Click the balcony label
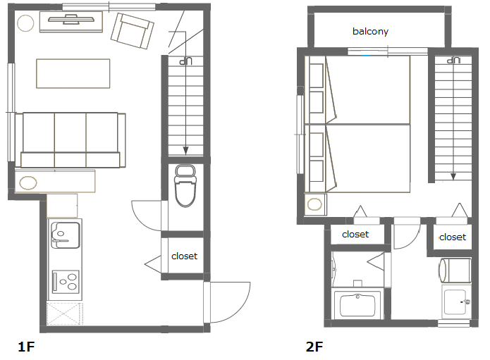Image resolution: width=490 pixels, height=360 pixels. coord(370,31)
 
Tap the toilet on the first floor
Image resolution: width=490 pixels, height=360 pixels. coord(185,186)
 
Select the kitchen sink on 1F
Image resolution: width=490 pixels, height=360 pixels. coord(66,235)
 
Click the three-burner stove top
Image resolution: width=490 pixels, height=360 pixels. coord(66,282)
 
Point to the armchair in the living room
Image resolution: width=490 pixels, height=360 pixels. coord(132,31)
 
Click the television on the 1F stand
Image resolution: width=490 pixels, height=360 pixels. coord(71,19)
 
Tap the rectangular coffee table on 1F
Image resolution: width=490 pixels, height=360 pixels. coord(73,73)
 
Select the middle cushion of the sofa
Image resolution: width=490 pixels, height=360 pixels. coord(71,140)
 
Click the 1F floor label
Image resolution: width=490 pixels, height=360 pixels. coord(26,347)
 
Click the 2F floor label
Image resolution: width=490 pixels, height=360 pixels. coord(314,347)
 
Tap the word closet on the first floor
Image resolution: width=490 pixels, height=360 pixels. coord(185,256)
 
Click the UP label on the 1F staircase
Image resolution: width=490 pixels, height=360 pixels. coord(185,61)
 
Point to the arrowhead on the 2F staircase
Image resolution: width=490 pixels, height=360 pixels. coord(453,177)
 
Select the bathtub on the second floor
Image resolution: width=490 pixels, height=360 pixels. coord(357,305)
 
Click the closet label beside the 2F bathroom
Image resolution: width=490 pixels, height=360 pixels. coord(355,234)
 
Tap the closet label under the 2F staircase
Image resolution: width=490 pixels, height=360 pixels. coord(453,237)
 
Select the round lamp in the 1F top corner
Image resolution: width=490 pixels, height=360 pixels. coord(25,23)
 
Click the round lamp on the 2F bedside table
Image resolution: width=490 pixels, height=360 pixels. coord(314,205)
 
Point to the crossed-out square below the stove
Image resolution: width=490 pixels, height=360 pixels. coord(65,314)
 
